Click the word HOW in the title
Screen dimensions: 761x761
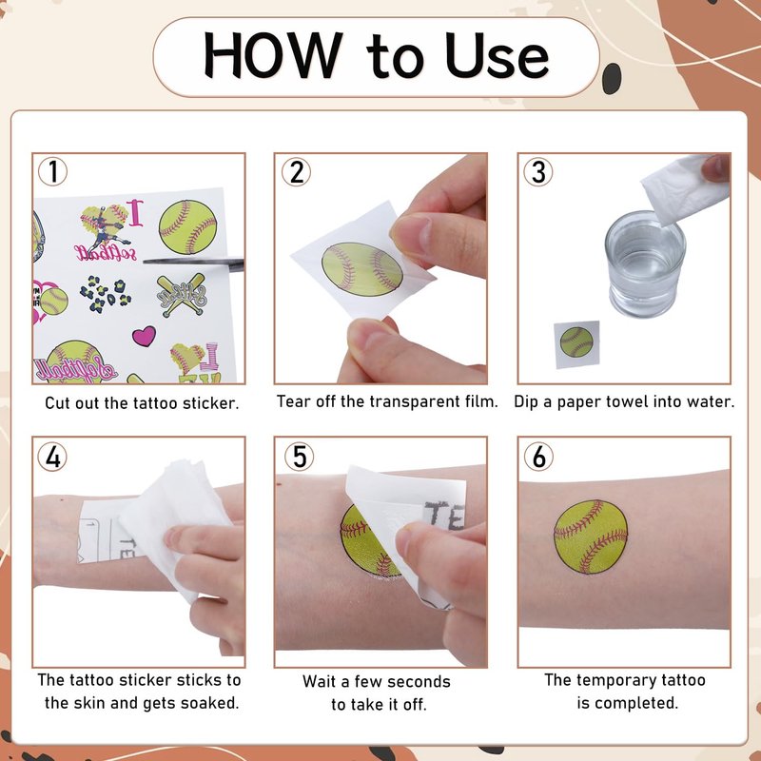(x=273, y=54)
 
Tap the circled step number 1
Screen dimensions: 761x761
(x=52, y=171)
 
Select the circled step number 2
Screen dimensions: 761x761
(x=296, y=172)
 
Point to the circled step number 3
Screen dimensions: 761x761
(x=538, y=172)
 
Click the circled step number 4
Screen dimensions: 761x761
(x=52, y=457)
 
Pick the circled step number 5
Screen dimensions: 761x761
(x=299, y=457)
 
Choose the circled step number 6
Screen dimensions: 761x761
(x=538, y=457)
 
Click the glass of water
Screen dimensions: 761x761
(x=645, y=264)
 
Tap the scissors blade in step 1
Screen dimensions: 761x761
(x=194, y=263)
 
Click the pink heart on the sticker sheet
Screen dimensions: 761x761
(x=145, y=336)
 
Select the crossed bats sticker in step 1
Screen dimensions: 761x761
(x=183, y=295)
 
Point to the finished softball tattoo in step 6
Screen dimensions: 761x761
(x=591, y=537)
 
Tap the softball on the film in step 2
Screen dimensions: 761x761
(x=362, y=269)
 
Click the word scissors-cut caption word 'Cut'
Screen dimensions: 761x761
(x=58, y=402)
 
